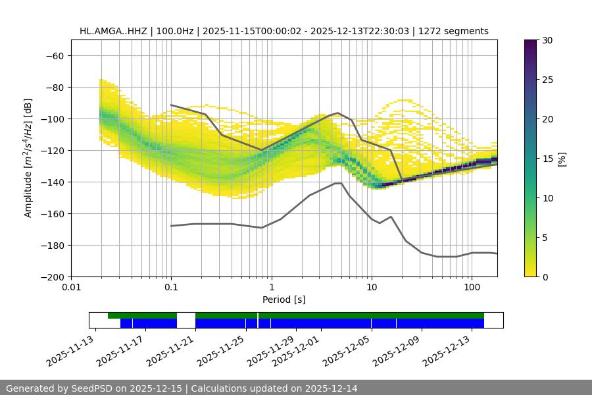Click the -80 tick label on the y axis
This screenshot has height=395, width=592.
point(53,87)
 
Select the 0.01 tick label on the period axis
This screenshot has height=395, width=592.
point(71,288)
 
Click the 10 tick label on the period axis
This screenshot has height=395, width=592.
point(372,288)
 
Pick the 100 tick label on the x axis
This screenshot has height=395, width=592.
point(472,288)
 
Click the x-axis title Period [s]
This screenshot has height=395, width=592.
point(284,300)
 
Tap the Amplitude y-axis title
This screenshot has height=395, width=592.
point(28,158)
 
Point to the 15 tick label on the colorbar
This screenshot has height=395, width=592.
point(546,159)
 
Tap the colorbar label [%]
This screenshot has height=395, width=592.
point(561,158)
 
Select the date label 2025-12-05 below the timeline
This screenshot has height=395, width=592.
point(347,352)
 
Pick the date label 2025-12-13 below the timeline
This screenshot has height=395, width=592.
point(448,352)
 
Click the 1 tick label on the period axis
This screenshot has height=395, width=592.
point(271,288)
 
